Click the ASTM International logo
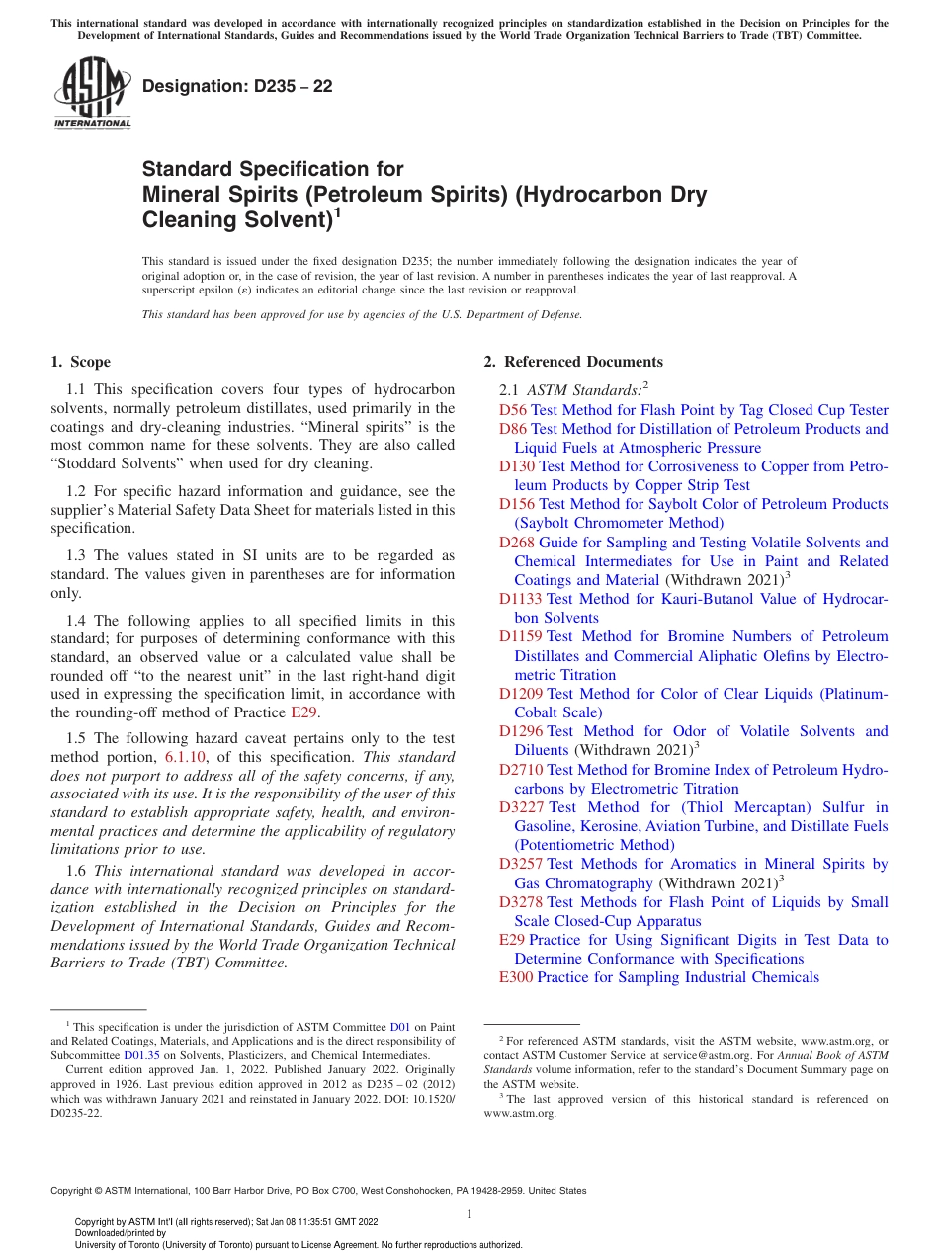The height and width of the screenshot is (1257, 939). [x=92, y=94]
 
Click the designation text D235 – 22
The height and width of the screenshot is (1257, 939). [x=237, y=86]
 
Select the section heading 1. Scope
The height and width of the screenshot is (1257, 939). [x=81, y=362]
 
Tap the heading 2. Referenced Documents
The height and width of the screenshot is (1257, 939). [x=572, y=362]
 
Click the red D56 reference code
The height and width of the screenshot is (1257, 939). [x=513, y=410]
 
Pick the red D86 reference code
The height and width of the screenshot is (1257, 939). [x=513, y=429]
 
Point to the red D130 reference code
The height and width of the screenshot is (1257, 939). [x=517, y=466]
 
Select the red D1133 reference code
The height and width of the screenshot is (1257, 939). [x=521, y=599]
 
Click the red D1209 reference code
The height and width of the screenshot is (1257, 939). [x=521, y=694]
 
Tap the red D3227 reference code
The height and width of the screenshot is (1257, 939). [x=521, y=807]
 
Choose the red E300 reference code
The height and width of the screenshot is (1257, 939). [x=516, y=977]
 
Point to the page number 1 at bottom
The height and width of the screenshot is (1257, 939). [x=469, y=1215]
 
